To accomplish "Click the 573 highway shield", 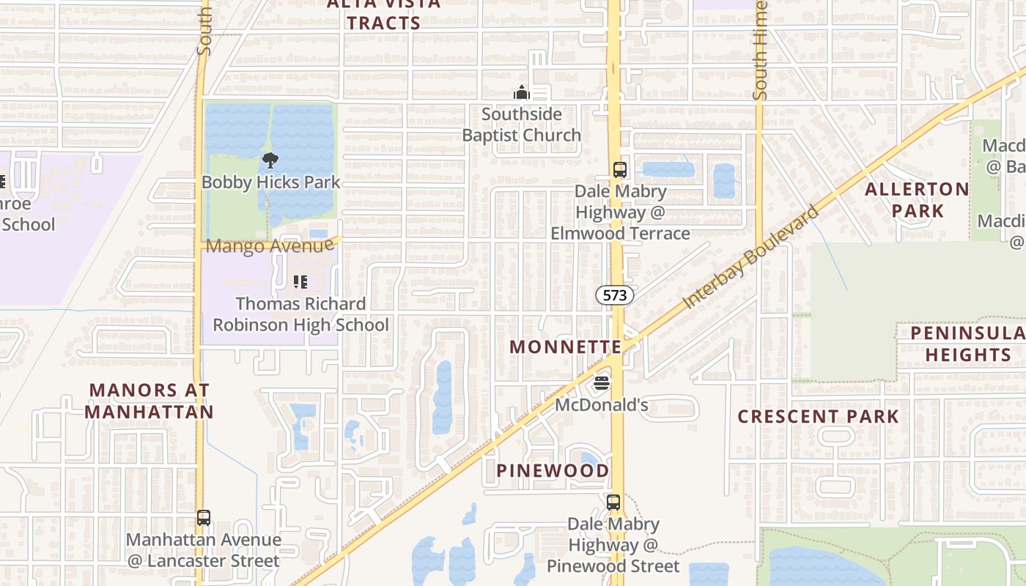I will click(614, 295).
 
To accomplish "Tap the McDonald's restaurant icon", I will click(602, 383).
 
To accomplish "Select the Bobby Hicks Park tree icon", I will click(270, 160).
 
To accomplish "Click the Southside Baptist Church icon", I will click(521, 92).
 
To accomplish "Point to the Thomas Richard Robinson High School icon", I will click(300, 281).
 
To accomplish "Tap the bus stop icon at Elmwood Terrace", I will click(619, 170).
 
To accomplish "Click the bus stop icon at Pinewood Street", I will click(613, 502).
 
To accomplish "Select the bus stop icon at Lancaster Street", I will click(204, 518).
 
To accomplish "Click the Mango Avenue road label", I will click(270, 246).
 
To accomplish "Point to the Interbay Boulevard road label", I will click(751, 257).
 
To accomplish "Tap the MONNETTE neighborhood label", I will click(566, 346).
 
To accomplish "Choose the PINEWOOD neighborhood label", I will click(553, 470).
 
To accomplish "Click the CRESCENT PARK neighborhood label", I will click(818, 417).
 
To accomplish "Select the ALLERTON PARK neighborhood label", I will click(917, 200).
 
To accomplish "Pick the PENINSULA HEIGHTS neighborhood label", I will click(967, 344).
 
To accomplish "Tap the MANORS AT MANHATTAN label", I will click(150, 401).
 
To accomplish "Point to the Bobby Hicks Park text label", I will click(271, 182).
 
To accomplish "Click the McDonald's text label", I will click(602, 405).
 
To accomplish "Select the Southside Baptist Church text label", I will click(521, 125).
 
